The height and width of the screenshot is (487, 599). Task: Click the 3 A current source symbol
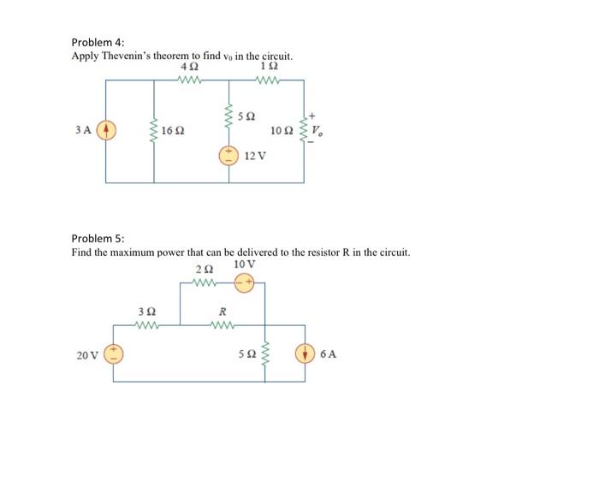click(x=106, y=133)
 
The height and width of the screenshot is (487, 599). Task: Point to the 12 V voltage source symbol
click(x=228, y=157)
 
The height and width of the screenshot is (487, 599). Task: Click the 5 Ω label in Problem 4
click(x=247, y=115)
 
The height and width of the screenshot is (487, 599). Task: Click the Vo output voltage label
click(x=317, y=132)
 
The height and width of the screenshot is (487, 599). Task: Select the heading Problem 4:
click(x=97, y=42)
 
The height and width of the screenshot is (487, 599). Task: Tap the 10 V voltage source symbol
click(x=245, y=283)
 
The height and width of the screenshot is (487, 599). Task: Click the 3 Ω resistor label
click(x=146, y=312)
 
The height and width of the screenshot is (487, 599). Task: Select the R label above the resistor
click(x=222, y=312)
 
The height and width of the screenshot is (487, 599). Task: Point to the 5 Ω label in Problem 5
click(x=246, y=354)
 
